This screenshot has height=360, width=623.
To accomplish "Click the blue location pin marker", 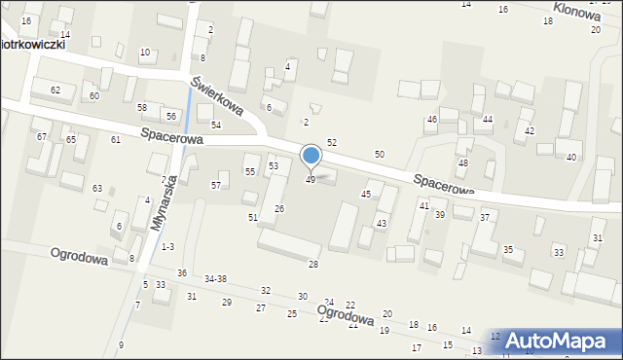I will pos(311,156).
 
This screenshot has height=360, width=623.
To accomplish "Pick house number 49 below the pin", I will pos(311,180).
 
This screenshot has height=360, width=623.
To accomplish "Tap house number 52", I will pos(331,143).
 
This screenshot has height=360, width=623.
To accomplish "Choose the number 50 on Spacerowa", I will pos(380,155).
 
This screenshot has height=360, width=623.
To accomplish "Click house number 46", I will pos(432,120).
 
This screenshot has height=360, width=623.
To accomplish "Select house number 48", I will pos(463,162).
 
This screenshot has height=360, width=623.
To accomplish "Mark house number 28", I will pos(313,265).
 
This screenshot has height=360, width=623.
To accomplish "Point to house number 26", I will pos(278,209).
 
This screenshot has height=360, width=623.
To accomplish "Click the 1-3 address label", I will pos(168,247).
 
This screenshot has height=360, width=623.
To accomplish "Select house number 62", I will pos(55,90).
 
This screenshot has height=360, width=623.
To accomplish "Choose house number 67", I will pos(42,137).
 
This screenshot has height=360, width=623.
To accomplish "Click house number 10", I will pos(145,53).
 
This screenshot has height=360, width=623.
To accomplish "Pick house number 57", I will pos(216,185).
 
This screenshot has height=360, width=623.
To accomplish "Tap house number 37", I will pos(484,217).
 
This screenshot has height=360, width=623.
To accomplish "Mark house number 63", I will pos(97,188).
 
